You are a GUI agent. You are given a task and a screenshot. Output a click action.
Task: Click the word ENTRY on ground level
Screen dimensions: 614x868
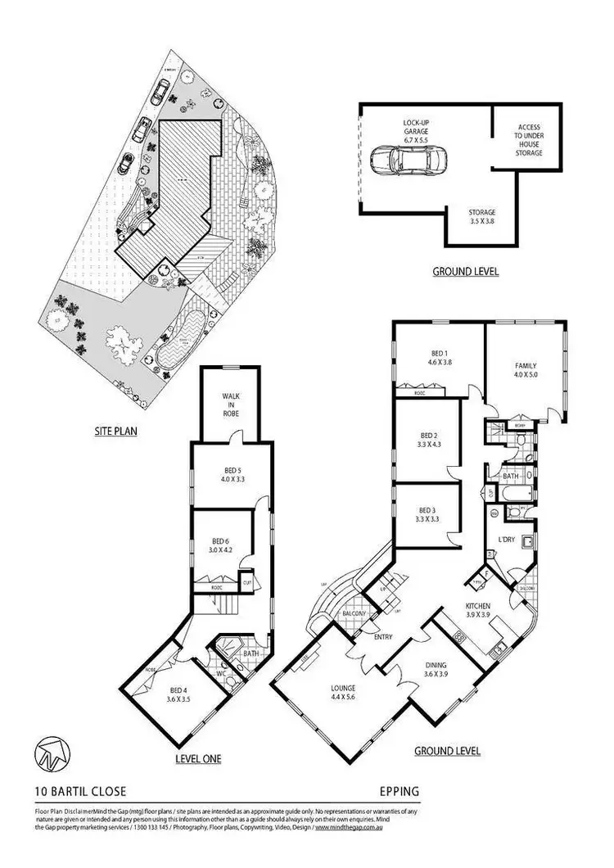[382, 636]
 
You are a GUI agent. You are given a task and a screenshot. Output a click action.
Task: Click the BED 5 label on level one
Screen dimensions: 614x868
[228, 475]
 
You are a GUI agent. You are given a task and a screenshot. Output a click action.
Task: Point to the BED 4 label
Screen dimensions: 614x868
[179, 694]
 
